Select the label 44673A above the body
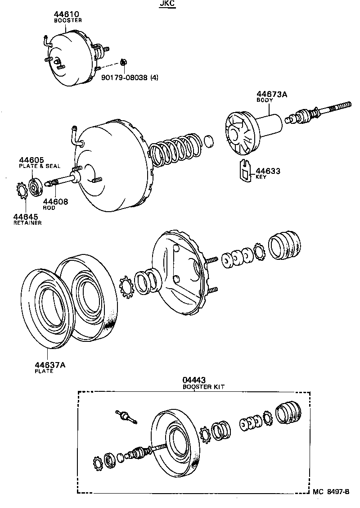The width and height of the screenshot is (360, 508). click(272, 94)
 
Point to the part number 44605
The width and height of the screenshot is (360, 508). click(31, 160)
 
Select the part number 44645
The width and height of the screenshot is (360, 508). click(26, 217)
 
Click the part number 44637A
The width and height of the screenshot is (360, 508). click(50, 365)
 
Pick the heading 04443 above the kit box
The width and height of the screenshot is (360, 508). click(193, 381)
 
